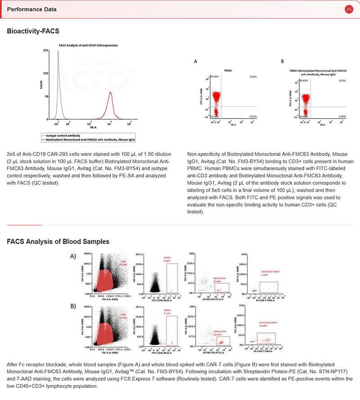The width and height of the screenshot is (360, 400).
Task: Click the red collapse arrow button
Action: tap(348, 9)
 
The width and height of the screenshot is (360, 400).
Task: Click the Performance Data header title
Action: tap(32, 9)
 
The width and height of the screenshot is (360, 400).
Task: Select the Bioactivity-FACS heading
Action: tap(33, 31)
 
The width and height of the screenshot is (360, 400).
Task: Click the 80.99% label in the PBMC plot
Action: tap(214, 77)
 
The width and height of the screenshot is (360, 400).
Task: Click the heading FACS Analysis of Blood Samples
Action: tap(58, 241)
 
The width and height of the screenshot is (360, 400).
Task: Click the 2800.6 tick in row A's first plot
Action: tap(87, 254)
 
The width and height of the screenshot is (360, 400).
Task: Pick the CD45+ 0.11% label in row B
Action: tap(167, 311)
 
